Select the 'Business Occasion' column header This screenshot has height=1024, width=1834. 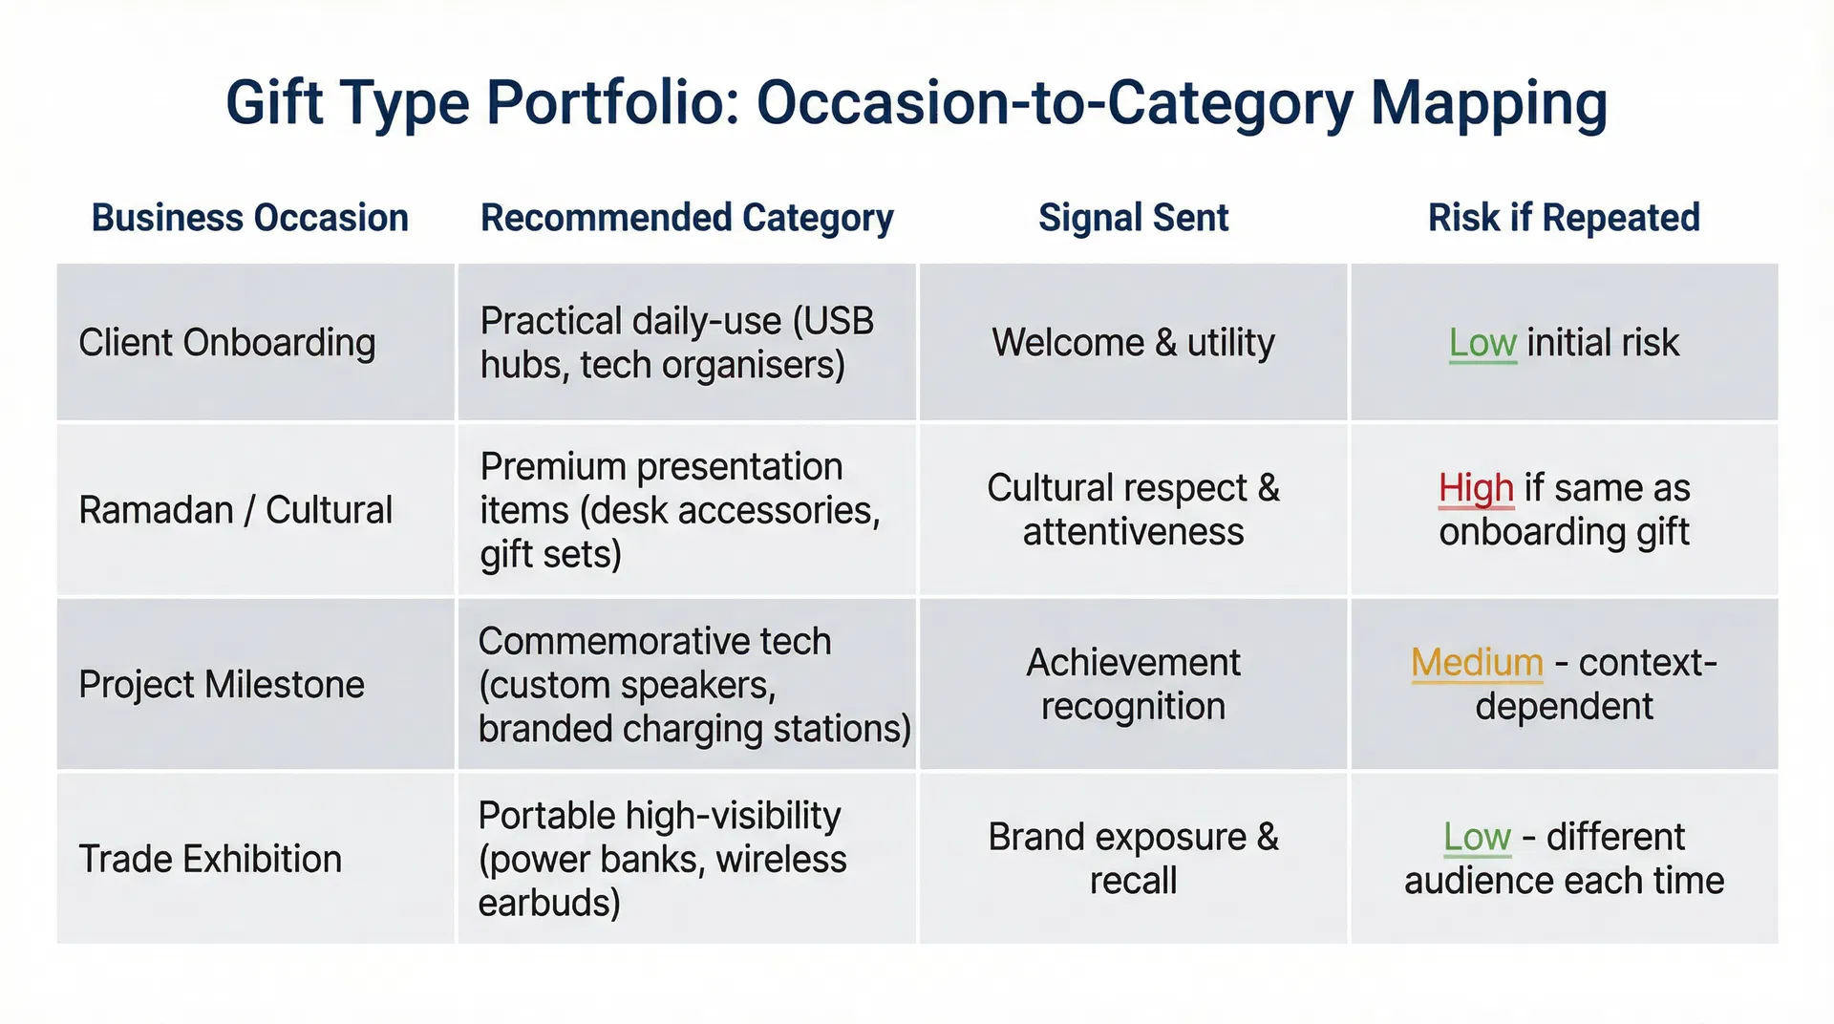(x=249, y=218)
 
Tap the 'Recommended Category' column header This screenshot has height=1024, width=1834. (x=687, y=218)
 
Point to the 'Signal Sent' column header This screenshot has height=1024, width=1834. (x=1133, y=218)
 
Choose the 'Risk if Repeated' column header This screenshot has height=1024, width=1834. (x=1564, y=218)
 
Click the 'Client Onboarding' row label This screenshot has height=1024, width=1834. (x=226, y=343)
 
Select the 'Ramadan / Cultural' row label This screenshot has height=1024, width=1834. (x=235, y=510)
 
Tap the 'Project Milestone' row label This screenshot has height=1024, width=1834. (x=222, y=685)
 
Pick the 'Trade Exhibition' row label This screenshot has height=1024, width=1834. (x=210, y=859)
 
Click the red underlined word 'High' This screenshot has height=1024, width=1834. (x=1476, y=488)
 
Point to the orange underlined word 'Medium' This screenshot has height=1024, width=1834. (x=1477, y=663)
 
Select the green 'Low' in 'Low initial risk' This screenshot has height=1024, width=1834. (x=1482, y=343)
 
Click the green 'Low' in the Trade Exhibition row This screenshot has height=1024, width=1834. (x=1477, y=838)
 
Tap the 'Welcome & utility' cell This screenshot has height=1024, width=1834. (x=1133, y=343)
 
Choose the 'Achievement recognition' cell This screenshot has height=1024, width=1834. (x=1133, y=685)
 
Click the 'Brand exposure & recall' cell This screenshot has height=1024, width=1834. (x=1133, y=859)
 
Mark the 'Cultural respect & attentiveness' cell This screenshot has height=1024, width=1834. (x=1133, y=510)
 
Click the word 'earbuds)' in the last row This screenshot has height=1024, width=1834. (x=549, y=903)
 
